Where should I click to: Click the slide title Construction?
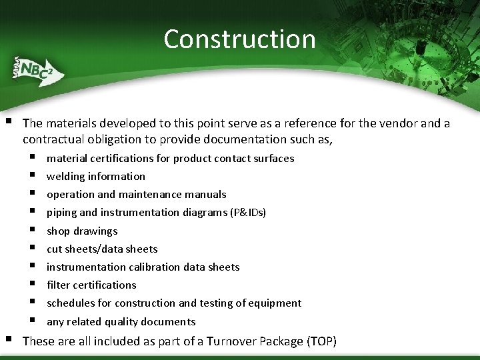(x=239, y=39)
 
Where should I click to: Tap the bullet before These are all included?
(x=8, y=340)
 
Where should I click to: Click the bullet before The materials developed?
(x=8, y=122)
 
